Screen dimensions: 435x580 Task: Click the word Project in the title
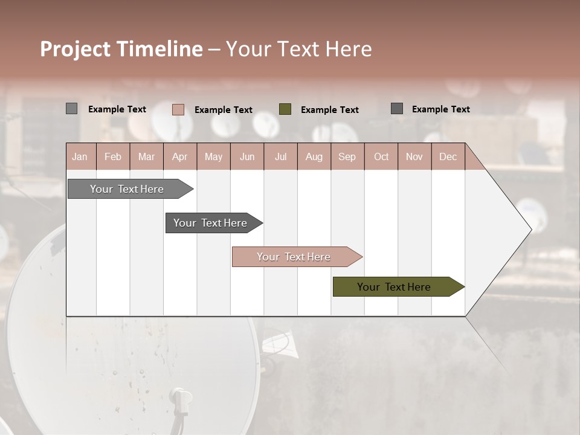click(75, 50)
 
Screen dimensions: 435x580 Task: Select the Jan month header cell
click(80, 156)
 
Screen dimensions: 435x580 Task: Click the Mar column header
click(146, 156)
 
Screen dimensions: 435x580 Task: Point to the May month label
click(213, 156)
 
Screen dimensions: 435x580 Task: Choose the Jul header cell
click(280, 156)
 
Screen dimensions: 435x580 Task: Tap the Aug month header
click(314, 156)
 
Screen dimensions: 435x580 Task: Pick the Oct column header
click(381, 156)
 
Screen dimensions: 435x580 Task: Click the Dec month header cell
click(448, 156)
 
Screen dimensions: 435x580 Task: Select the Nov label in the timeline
click(414, 156)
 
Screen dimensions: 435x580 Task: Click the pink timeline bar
click(294, 257)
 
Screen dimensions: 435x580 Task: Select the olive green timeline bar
click(394, 287)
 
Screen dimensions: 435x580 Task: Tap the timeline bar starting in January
click(127, 189)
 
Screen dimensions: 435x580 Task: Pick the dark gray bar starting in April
click(210, 223)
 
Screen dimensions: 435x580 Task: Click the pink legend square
click(178, 109)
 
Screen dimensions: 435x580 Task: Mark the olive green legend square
click(285, 109)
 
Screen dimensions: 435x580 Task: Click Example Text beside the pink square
click(224, 110)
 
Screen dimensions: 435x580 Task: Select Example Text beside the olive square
click(330, 110)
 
